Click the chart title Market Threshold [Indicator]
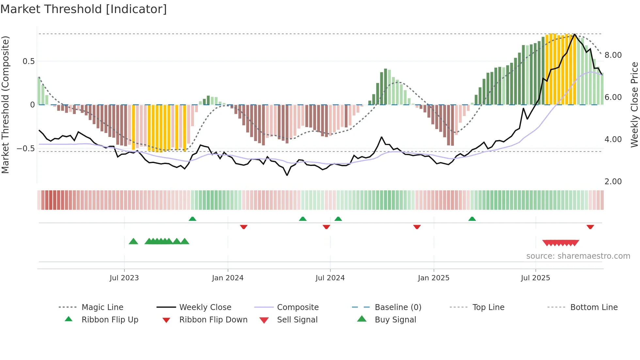pyautogui.click(x=84, y=9)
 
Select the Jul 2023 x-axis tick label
pyautogui.click(x=124, y=278)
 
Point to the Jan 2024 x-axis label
pyautogui.click(x=228, y=278)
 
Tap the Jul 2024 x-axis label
pyautogui.click(x=330, y=278)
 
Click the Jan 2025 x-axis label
pyautogui.click(x=433, y=278)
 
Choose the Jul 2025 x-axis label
pyautogui.click(x=535, y=278)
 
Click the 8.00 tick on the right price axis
pyautogui.click(x=613, y=55)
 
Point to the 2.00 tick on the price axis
pyautogui.click(x=613, y=182)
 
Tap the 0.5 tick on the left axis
pyautogui.click(x=29, y=61)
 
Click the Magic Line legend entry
pyautogui.click(x=102, y=307)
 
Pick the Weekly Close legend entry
pyautogui.click(x=205, y=307)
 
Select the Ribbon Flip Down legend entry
pyautogui.click(x=213, y=320)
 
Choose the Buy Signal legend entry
pyautogui.click(x=395, y=320)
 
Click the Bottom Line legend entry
pyautogui.click(x=594, y=307)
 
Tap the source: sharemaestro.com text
pyautogui.click(x=578, y=256)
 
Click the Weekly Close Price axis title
pyautogui.click(x=634, y=105)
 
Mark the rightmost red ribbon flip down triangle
pyautogui.click(x=590, y=227)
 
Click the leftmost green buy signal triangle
pyautogui.click(x=133, y=241)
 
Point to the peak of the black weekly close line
pyautogui.click(x=575, y=34)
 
